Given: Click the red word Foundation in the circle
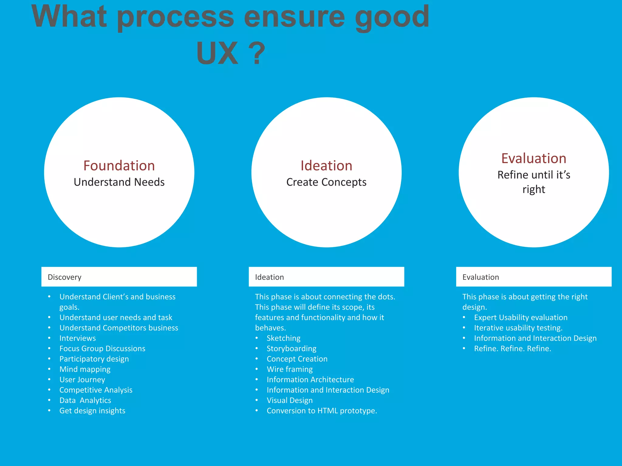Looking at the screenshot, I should click(119, 166).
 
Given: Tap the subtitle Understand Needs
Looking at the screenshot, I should click(119, 182).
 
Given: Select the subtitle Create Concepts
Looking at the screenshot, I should click(326, 182).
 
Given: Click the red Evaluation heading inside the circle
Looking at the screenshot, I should click(534, 158).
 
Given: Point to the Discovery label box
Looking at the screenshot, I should click(119, 277).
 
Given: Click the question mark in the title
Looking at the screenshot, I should click(257, 53).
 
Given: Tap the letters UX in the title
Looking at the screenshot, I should click(217, 53).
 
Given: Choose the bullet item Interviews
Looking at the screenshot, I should click(77, 338).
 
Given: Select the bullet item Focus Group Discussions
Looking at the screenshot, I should click(102, 348).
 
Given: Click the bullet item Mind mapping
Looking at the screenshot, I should click(85, 369).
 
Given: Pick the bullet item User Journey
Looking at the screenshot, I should click(82, 380).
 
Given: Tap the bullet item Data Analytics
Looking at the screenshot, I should click(85, 400).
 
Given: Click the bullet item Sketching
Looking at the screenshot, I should click(283, 338).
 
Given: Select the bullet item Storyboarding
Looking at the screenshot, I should click(291, 348).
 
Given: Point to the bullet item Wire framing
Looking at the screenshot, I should click(289, 369).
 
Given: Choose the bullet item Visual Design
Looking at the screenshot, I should click(289, 400).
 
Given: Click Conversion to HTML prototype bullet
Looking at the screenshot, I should click(322, 410).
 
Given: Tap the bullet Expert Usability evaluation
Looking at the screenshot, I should click(521, 317).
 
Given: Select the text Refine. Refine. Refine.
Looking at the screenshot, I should click(512, 348).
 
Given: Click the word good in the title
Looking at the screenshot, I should click(392, 18).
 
